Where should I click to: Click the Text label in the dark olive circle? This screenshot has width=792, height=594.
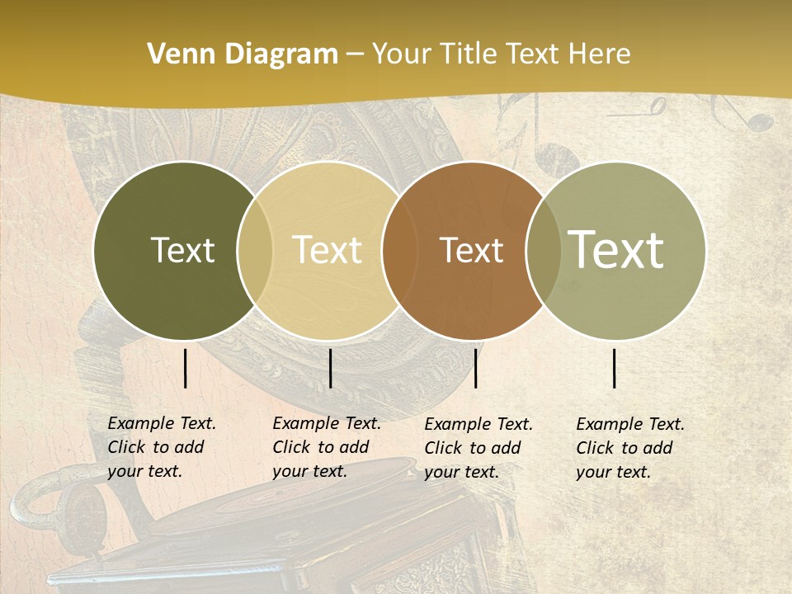182,250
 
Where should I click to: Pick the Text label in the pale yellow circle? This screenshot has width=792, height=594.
327,250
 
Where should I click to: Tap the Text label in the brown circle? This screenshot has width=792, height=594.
471,250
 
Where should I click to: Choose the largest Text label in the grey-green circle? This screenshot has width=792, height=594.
615,250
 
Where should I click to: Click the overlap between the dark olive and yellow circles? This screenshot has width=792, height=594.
255,250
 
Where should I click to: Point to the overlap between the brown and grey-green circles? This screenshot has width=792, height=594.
543,250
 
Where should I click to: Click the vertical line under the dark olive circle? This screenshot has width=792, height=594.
185,368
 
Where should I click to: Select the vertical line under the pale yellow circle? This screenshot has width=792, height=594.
330,368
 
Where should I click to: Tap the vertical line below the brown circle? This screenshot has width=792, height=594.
475,368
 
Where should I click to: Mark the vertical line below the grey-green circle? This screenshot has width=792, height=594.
615,368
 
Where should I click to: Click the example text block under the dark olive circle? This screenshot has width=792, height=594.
162,447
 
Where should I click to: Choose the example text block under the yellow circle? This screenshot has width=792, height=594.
327,447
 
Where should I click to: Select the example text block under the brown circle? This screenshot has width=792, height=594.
478,448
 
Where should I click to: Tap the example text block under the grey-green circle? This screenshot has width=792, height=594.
630,448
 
